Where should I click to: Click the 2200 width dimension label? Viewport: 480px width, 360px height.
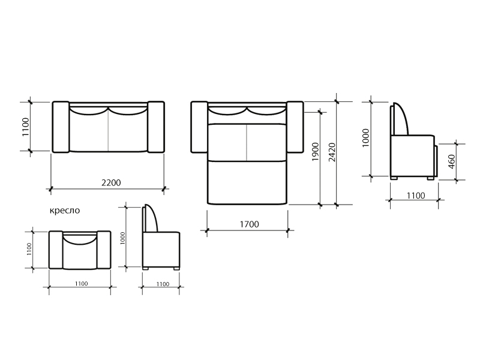tap(111, 183)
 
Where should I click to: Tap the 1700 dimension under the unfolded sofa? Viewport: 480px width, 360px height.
tap(249, 224)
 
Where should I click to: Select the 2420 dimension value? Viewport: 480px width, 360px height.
tap(332, 152)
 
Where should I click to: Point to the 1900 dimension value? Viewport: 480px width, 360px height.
tap(316, 152)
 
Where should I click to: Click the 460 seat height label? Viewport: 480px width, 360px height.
tap(452, 161)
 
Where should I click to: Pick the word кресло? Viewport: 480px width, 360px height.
tap(65, 211)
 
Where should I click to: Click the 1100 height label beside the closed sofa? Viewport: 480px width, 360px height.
tap(26, 127)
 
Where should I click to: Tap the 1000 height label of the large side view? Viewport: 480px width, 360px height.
tap(366, 138)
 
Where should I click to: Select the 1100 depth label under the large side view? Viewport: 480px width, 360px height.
tap(416, 196)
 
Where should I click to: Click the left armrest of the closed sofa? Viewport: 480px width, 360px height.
tap(61, 127)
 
